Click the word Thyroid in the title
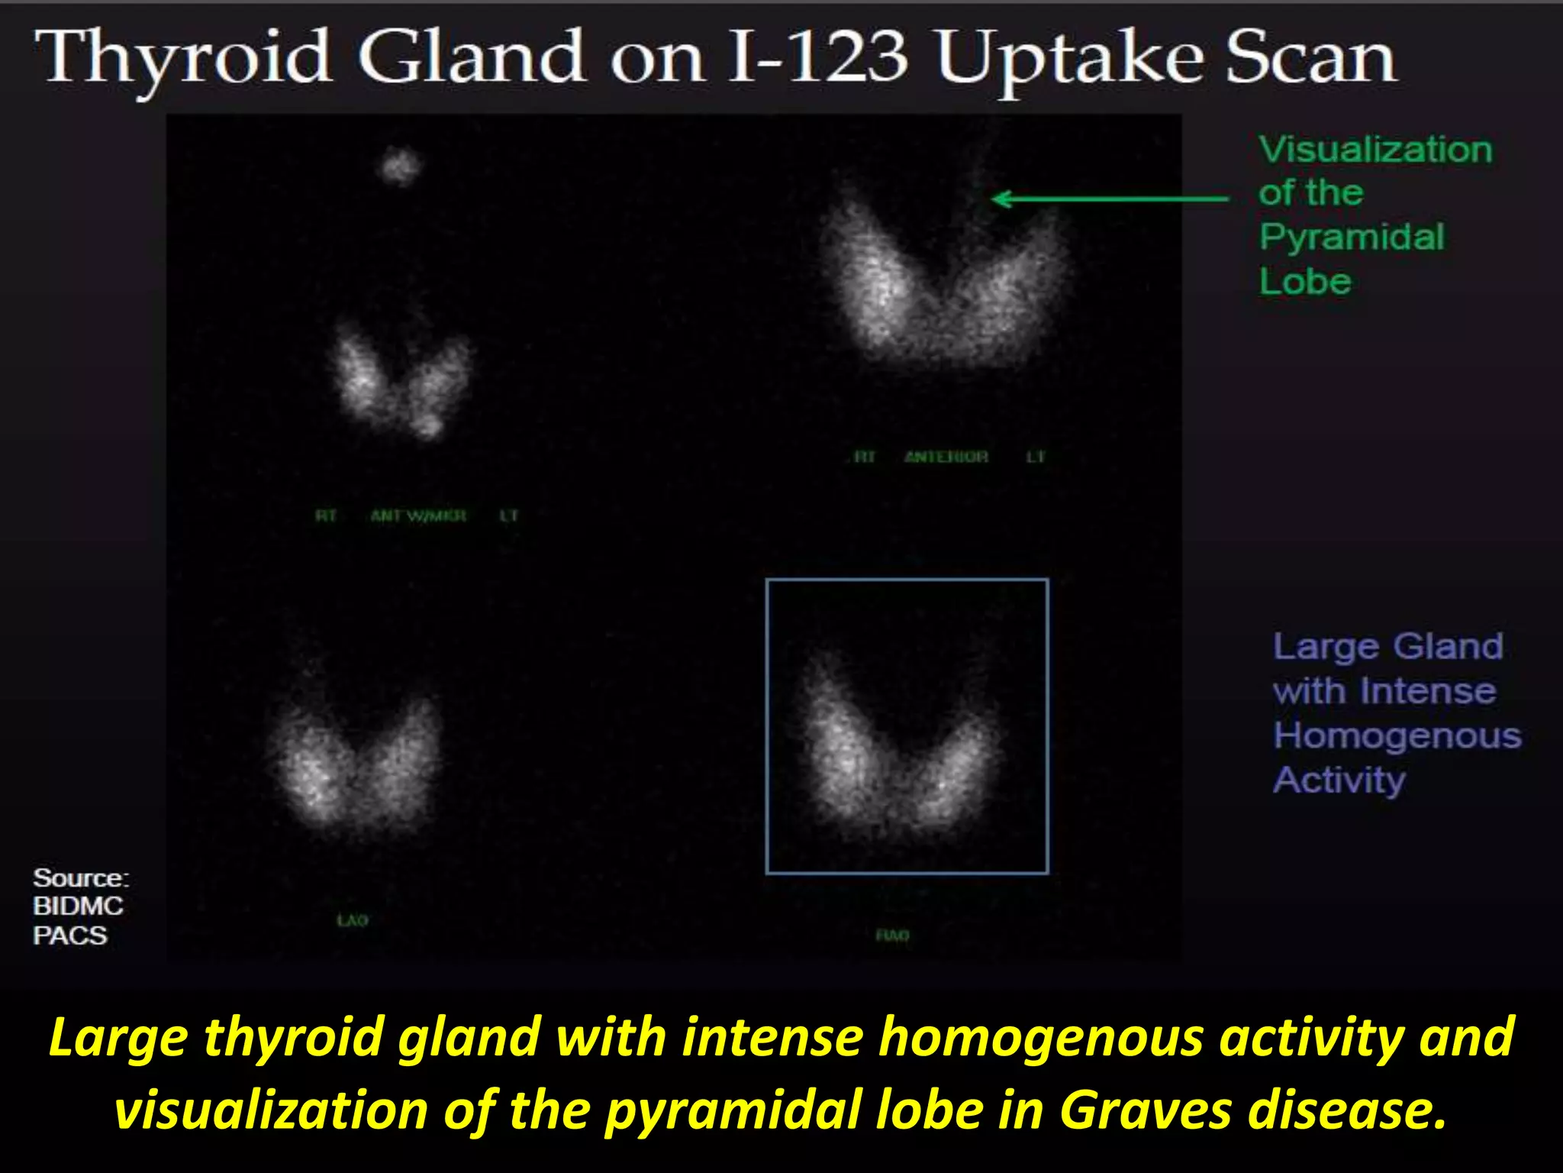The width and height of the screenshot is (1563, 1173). pyautogui.click(x=187, y=57)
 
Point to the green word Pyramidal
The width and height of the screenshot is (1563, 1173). pyautogui.click(x=1352, y=237)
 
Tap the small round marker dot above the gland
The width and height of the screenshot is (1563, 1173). pyautogui.click(x=401, y=165)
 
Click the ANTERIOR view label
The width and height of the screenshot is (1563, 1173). pyautogui.click(x=946, y=457)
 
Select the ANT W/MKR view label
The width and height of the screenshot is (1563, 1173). pyautogui.click(x=417, y=516)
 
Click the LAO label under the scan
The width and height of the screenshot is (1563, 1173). pyautogui.click(x=353, y=921)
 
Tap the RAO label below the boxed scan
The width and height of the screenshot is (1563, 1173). pyautogui.click(x=892, y=935)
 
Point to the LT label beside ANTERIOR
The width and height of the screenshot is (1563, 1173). pyautogui.click(x=1035, y=457)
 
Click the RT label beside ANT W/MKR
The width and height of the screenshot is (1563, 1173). pyautogui.click(x=326, y=516)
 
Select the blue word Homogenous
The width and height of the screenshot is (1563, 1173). pyautogui.click(x=1397, y=736)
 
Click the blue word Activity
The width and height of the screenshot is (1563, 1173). pyautogui.click(x=1339, y=780)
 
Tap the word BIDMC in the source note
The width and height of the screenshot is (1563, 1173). pyautogui.click(x=78, y=906)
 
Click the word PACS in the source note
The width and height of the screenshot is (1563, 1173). pyautogui.click(x=69, y=935)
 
